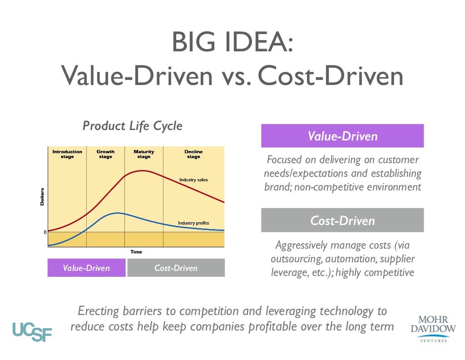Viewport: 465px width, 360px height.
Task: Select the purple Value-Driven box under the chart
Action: tap(86, 268)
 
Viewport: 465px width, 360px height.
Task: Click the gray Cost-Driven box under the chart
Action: tap(176, 268)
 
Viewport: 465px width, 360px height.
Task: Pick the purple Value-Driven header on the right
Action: tap(342, 136)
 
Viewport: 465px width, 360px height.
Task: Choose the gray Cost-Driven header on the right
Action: tap(342, 220)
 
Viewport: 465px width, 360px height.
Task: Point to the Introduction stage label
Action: tap(67, 154)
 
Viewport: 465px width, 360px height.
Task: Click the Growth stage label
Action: tap(105, 154)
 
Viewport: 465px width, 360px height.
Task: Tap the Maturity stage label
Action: tap(143, 154)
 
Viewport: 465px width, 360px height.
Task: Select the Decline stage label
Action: tap(193, 154)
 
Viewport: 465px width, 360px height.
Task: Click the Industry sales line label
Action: tap(193, 180)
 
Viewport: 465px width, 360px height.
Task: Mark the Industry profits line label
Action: tap(193, 223)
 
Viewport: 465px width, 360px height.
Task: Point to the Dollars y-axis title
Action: tap(42, 196)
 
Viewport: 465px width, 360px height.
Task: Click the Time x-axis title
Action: tap(136, 252)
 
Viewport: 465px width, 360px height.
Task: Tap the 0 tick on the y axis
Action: tap(45, 232)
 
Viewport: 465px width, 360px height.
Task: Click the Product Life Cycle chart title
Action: tap(132, 126)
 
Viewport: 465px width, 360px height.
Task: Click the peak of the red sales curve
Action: tap(143, 171)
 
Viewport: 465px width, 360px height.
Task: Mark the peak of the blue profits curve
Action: tap(118, 213)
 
